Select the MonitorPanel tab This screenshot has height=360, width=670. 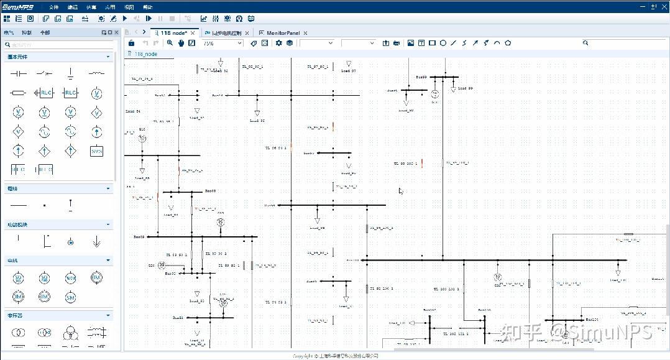283,32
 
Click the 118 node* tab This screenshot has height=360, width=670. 174,32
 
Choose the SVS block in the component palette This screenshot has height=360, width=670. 96,151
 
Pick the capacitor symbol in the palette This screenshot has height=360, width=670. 18,73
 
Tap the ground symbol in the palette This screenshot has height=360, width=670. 70,73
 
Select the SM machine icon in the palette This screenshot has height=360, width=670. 70,297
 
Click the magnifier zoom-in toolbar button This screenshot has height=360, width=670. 170,43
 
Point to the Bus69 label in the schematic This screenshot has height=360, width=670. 139,237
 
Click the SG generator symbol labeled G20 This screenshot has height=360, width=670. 162,265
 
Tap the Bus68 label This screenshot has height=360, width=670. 211,191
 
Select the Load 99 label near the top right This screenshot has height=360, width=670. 466,88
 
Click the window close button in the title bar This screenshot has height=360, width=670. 663,6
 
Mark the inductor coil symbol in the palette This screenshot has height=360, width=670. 96,73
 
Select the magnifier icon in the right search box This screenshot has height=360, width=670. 585,43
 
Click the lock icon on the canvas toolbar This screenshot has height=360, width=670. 131,43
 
